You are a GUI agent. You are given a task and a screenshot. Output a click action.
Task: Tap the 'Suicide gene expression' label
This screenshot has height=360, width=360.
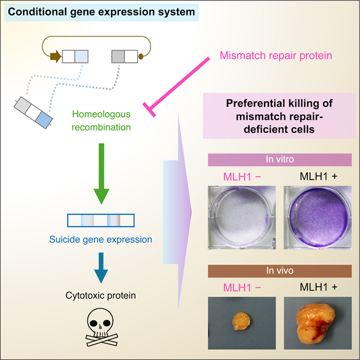(101, 239)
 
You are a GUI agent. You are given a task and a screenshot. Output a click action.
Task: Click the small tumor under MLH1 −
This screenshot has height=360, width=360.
(239, 320)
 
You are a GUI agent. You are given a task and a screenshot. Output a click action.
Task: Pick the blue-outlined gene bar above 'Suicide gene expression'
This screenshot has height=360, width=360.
(101, 220)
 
